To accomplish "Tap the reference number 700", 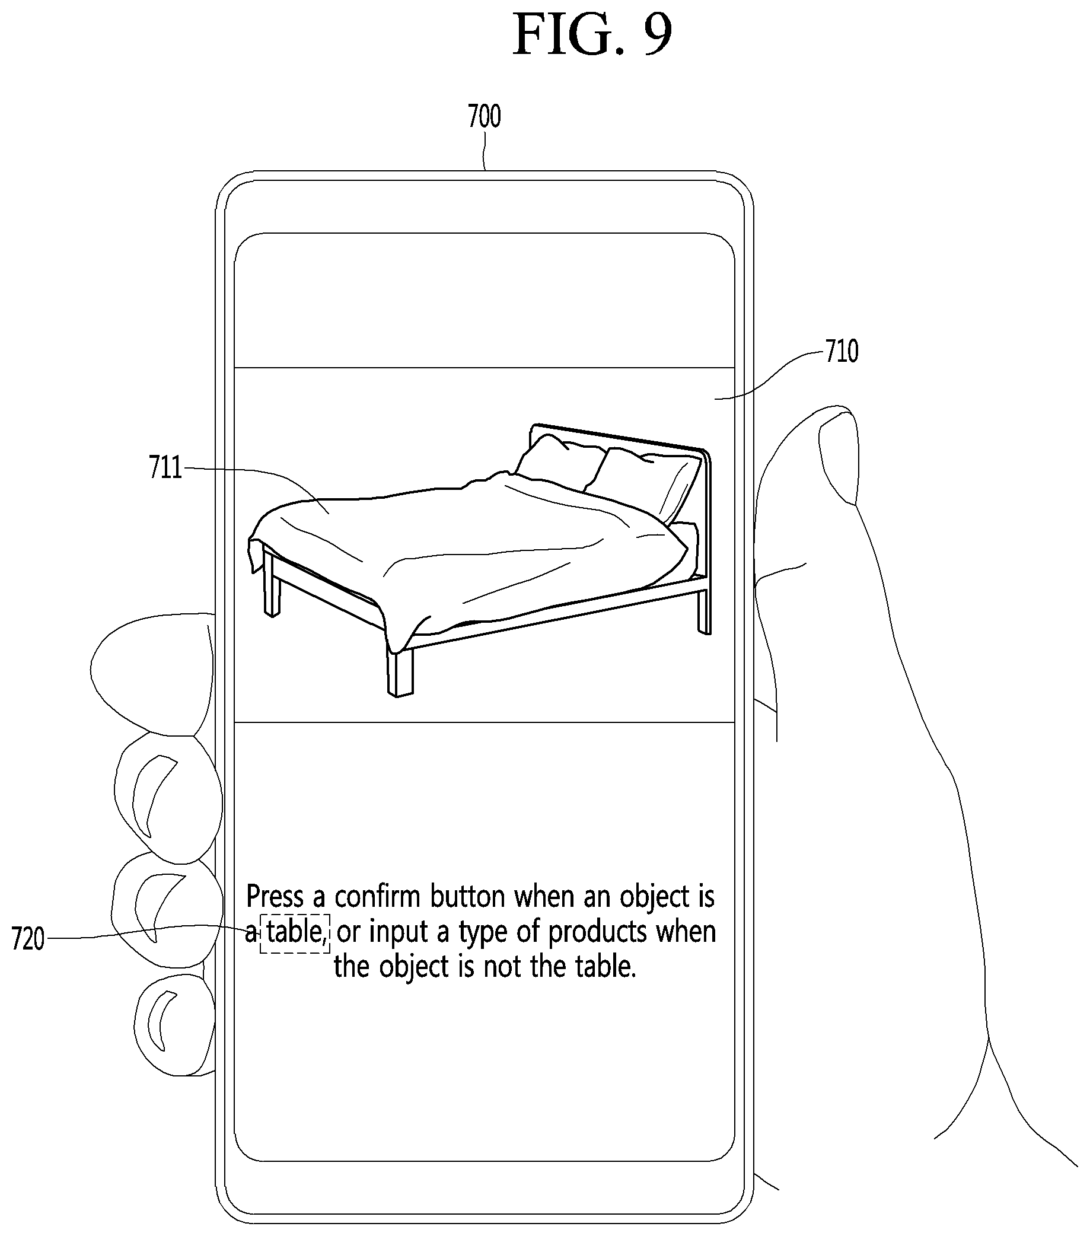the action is coord(485,116).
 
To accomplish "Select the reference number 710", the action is coord(842,351).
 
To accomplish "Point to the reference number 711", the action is coord(165,467).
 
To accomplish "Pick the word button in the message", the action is coord(467,896).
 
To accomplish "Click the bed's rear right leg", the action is coord(705,611).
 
